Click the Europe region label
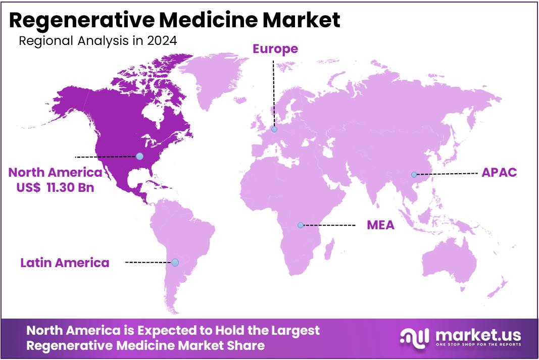275,49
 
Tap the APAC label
499,172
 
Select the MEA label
380,225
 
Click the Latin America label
65,263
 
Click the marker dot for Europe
274,129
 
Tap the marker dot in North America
139,157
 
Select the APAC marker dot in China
414,175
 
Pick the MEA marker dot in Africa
301,225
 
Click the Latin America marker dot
175,263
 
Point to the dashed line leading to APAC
447,174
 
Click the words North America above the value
55,173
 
